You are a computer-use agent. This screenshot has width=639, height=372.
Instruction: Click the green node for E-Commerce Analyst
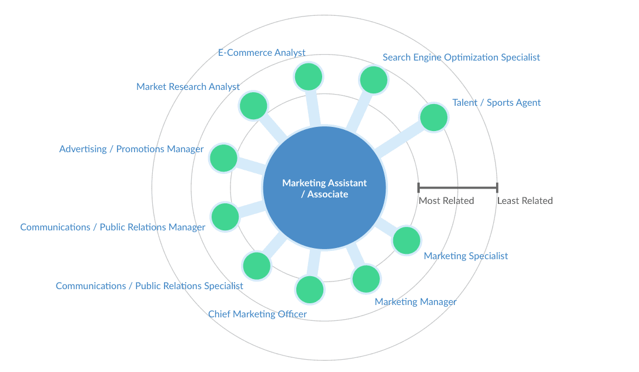click(x=309, y=76)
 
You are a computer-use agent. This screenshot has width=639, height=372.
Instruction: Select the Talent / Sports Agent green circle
click(x=434, y=118)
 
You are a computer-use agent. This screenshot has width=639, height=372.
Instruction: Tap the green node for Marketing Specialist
click(x=407, y=240)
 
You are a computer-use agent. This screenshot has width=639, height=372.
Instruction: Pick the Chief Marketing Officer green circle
click(x=310, y=290)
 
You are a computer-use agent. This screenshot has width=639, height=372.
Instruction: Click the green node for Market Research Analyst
click(x=254, y=106)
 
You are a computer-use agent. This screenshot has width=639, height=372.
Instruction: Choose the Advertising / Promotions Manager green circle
click(x=223, y=157)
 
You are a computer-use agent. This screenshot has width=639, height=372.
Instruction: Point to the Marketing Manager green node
click(x=366, y=279)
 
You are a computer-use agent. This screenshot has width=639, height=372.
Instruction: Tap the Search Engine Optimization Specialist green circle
click(x=374, y=80)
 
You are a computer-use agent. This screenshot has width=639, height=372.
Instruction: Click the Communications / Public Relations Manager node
click(x=225, y=216)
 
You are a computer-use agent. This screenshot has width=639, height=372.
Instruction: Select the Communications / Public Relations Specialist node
click(x=256, y=266)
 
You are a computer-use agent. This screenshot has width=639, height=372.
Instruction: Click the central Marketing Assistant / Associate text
click(x=324, y=188)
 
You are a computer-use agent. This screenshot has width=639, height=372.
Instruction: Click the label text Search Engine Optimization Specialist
click(x=461, y=57)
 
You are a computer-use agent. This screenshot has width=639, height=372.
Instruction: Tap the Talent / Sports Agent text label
click(x=496, y=103)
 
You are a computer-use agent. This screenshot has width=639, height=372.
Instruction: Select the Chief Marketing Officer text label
click(x=257, y=314)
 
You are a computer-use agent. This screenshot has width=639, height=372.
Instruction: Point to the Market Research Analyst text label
click(x=188, y=87)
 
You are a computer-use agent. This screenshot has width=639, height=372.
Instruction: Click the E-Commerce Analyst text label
click(x=262, y=53)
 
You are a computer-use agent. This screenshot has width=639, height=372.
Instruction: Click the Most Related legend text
click(x=446, y=201)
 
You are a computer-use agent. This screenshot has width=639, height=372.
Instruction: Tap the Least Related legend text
click(x=525, y=201)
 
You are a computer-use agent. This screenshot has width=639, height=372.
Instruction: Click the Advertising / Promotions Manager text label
click(x=131, y=149)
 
